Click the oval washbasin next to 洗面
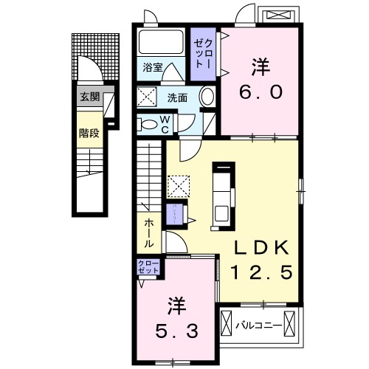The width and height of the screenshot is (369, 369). coord(207,97)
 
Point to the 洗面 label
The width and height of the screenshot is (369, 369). coord(176,97)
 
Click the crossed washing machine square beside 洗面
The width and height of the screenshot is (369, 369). coord(146,97)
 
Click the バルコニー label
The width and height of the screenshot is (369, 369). coord(257,324)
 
